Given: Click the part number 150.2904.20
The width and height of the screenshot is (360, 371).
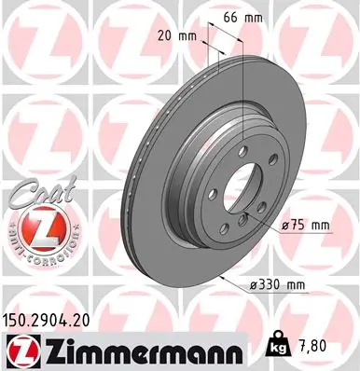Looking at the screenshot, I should click(x=54, y=318).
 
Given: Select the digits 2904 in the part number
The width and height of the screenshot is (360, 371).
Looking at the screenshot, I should click(x=56, y=318).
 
